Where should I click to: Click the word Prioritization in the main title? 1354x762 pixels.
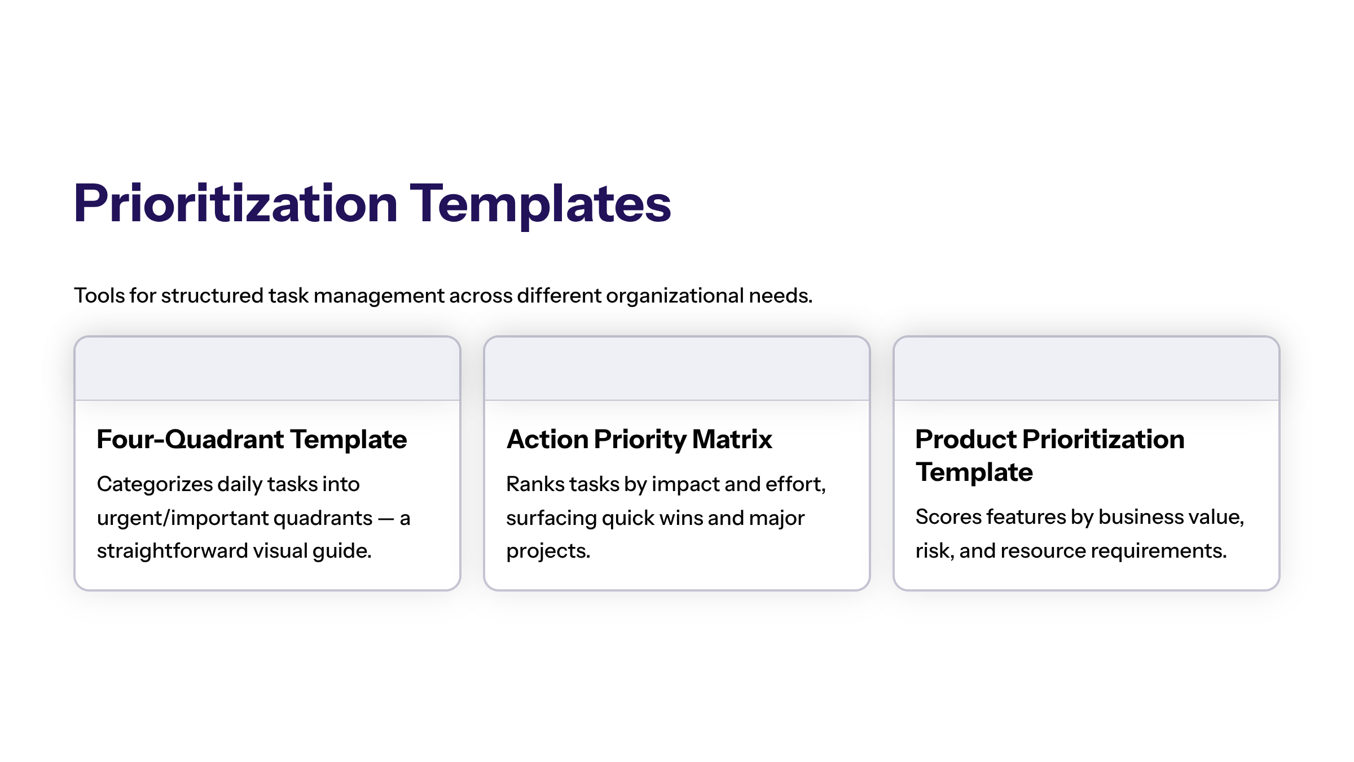pyautogui.click(x=236, y=204)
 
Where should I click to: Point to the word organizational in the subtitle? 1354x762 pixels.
pyautogui.click(x=675, y=296)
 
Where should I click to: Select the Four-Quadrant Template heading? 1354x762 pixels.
pyautogui.click(x=252, y=439)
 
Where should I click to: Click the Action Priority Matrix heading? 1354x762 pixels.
pyautogui.click(x=639, y=440)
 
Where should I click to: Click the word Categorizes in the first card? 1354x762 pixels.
pyautogui.click(x=155, y=485)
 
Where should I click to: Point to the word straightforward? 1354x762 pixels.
pyautogui.click(x=172, y=551)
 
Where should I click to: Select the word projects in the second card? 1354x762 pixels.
pyautogui.click(x=548, y=551)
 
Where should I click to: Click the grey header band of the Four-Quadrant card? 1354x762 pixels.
pyautogui.click(x=267, y=369)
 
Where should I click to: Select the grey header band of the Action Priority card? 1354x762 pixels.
pyautogui.click(x=677, y=369)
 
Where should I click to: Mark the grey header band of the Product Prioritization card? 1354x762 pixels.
pyautogui.click(x=1087, y=369)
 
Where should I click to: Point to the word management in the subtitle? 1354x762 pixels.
pyautogui.click(x=379, y=296)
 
